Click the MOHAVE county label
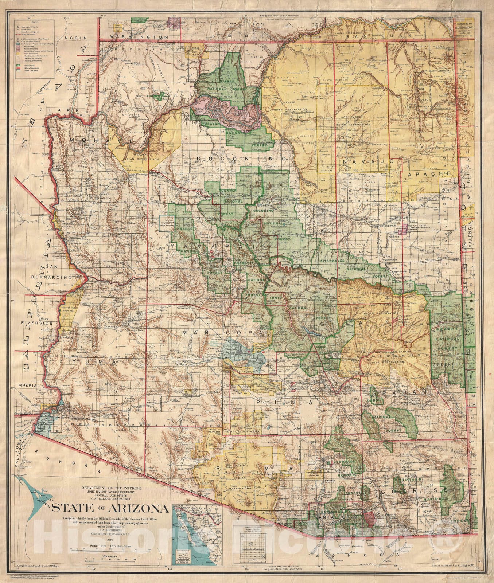[88, 140]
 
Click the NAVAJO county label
[368, 160]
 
